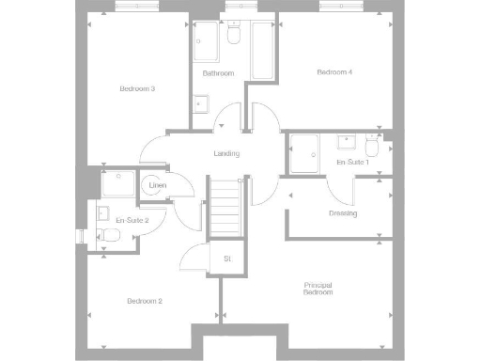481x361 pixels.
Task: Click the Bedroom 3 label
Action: (x=137, y=89)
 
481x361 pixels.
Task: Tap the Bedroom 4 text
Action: (x=334, y=72)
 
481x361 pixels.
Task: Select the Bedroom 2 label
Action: (x=146, y=301)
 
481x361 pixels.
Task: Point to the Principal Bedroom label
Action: (x=318, y=289)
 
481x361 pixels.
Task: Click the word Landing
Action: (x=226, y=153)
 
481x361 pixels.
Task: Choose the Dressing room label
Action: (x=343, y=213)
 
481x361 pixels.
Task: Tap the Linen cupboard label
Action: (x=157, y=185)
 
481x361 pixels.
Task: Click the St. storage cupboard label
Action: (x=226, y=259)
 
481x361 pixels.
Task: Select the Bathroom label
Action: (x=218, y=73)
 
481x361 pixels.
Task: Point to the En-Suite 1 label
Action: (x=352, y=163)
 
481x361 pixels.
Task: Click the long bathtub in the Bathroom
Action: (x=261, y=52)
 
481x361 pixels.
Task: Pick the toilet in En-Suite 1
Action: (x=372, y=148)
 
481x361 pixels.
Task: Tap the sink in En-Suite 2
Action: (x=102, y=212)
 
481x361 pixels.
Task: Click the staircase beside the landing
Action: (x=225, y=208)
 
